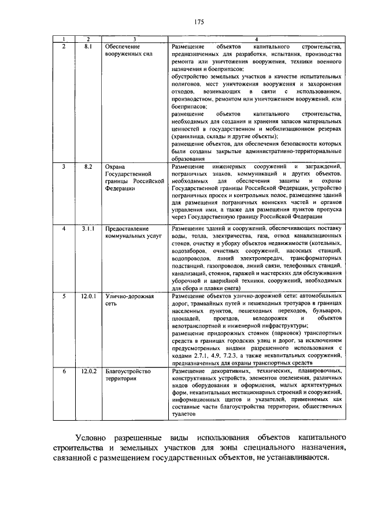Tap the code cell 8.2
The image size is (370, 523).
click(88, 166)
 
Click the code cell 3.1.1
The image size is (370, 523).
click(88, 229)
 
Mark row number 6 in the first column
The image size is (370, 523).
click(64, 370)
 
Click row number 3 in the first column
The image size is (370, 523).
click(64, 166)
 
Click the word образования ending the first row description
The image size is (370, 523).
click(188, 158)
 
